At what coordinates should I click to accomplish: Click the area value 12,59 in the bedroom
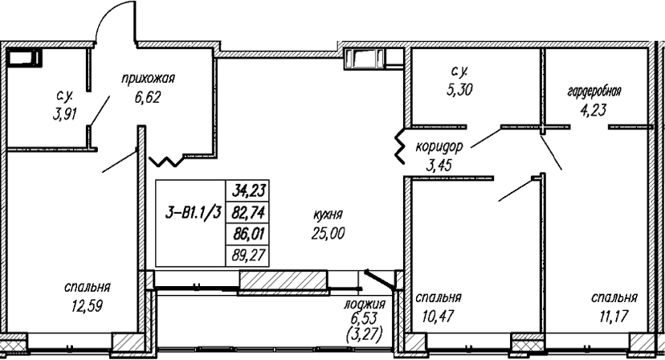(88, 306)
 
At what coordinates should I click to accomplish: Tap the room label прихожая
(148, 79)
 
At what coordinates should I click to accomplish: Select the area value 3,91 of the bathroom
(65, 114)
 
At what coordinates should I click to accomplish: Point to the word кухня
(328, 215)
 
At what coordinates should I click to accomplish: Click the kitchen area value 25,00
(328, 233)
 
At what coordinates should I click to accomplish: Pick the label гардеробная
(594, 92)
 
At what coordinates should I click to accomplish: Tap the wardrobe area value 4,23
(593, 110)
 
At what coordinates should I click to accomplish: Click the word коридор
(439, 147)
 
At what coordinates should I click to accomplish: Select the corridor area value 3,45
(439, 165)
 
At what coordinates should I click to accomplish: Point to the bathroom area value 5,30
(459, 89)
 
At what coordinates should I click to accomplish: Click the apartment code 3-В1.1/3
(194, 213)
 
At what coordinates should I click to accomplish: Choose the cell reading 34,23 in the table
(248, 190)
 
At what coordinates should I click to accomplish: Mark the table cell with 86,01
(248, 234)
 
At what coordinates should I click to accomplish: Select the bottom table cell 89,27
(248, 256)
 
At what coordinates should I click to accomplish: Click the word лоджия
(365, 304)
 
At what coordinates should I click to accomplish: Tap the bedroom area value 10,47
(438, 316)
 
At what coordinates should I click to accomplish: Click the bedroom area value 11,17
(614, 316)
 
